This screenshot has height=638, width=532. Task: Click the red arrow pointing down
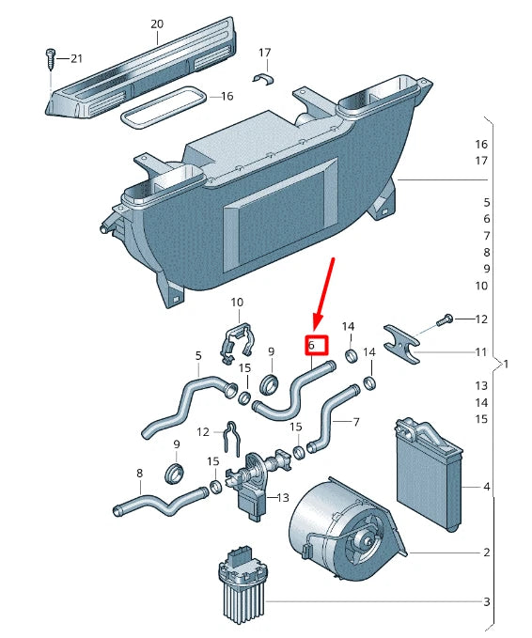click(321, 291)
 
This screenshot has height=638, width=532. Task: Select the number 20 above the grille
click(157, 23)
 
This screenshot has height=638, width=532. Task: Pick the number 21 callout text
click(77, 59)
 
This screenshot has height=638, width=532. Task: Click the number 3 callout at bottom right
click(486, 601)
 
